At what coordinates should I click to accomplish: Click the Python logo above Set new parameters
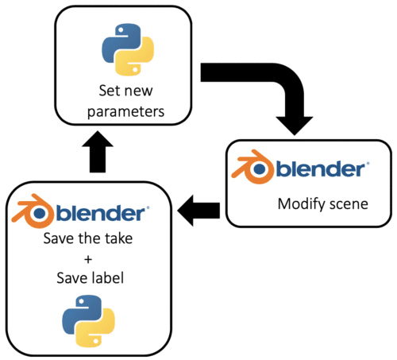pyautogui.click(x=128, y=49)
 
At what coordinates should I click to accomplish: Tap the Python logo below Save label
pyautogui.click(x=88, y=321)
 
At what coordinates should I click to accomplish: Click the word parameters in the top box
pyautogui.click(x=125, y=112)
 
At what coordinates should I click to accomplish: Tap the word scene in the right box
pyautogui.click(x=349, y=205)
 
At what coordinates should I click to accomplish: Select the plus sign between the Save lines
pyautogui.click(x=88, y=259)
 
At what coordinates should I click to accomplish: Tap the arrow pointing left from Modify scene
pyautogui.click(x=198, y=211)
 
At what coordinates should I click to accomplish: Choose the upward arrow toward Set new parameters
pyautogui.click(x=98, y=152)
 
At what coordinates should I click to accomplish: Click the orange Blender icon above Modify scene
pyautogui.click(x=252, y=167)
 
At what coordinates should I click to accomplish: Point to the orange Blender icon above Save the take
pyautogui.click(x=32, y=211)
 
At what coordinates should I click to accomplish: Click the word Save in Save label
pyautogui.click(x=71, y=278)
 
